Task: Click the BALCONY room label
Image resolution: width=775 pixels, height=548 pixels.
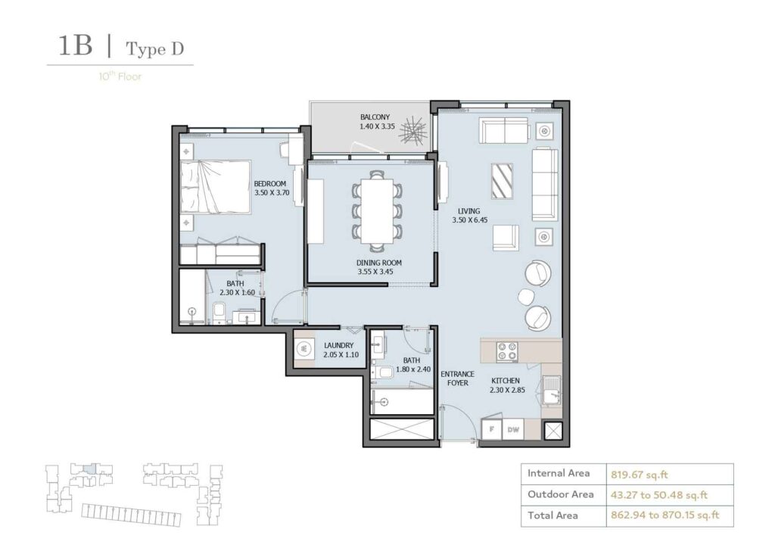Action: [x=375, y=116]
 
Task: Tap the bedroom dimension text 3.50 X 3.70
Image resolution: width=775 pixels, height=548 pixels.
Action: [x=272, y=192]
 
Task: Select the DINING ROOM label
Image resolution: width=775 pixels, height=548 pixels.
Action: [x=379, y=263]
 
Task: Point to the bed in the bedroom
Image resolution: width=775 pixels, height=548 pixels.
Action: [x=215, y=186]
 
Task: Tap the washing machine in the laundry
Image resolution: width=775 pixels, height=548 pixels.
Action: [x=303, y=349]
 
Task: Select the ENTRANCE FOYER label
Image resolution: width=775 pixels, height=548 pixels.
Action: [x=457, y=378]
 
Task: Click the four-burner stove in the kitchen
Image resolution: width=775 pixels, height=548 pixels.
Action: [x=506, y=351]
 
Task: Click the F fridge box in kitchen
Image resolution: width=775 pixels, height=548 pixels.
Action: [x=493, y=429]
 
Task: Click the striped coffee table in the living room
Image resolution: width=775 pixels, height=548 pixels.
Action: [x=501, y=180]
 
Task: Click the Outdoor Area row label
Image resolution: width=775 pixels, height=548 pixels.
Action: [x=561, y=494]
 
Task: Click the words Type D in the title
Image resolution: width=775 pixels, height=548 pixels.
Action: [x=154, y=49]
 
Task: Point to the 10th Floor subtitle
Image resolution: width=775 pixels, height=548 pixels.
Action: [x=120, y=76]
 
